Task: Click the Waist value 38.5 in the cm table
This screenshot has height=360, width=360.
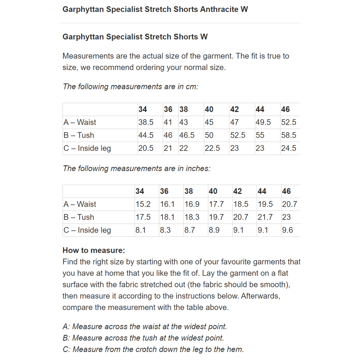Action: [146, 122]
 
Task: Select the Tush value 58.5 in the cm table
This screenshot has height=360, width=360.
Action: [289, 135]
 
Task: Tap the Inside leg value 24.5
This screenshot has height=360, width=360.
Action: [289, 148]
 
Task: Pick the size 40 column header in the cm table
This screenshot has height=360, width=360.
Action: [209, 109]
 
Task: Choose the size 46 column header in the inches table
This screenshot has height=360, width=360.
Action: [286, 191]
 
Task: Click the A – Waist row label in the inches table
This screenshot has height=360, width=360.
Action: [80, 204]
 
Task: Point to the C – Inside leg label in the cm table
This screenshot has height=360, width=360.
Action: [87, 148]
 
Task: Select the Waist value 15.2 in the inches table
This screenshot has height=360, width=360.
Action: [143, 204]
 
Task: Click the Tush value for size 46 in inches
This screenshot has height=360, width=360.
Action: [286, 217]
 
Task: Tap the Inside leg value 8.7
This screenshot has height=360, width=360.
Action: [190, 230]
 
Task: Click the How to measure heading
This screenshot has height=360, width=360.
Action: [94, 251]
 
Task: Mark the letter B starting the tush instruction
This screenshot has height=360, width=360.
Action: [66, 338]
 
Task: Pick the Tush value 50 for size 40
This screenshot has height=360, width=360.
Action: [209, 135]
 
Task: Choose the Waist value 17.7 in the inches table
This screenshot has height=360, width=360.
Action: [216, 204]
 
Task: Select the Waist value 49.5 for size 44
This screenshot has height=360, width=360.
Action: [263, 122]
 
